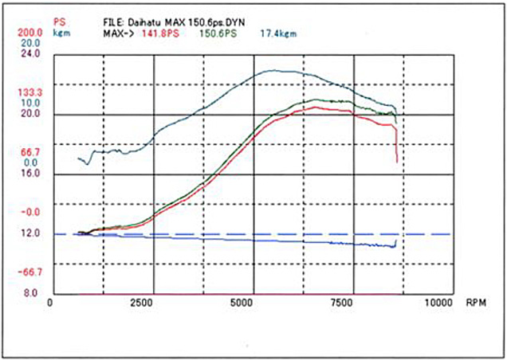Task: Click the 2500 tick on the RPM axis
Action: click(141, 303)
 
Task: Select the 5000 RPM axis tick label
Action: click(241, 303)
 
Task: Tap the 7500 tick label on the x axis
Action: click(340, 303)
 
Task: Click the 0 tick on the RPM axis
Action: click(50, 303)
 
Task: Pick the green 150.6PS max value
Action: click(218, 34)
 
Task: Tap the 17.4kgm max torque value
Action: click(278, 34)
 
